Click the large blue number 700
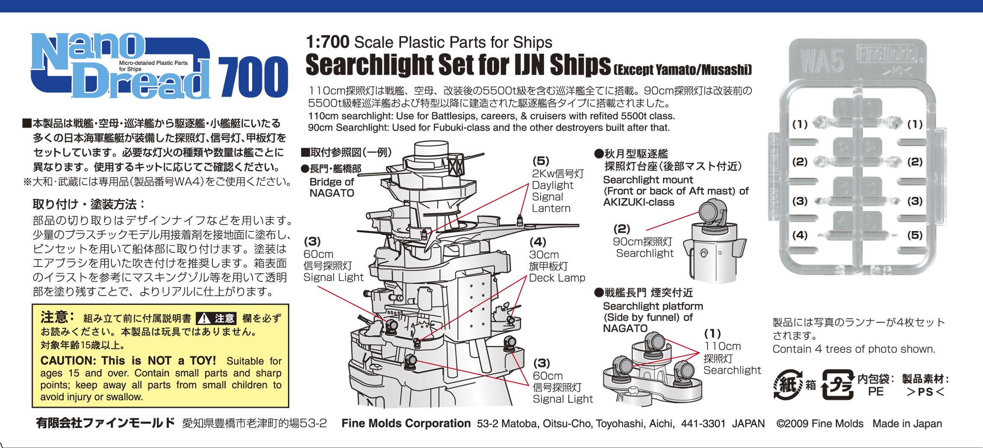(253, 77)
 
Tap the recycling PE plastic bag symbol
(838, 385)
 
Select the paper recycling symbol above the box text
(788, 385)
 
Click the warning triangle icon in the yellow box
(204, 319)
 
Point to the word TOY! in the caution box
(203, 360)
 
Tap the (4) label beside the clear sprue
(800, 235)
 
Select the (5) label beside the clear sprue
(915, 235)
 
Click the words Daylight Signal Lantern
(552, 196)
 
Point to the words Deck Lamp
(557, 278)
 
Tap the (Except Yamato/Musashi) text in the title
(683, 70)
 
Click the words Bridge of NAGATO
(332, 187)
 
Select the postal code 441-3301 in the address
(703, 424)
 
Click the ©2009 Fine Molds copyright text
(820, 424)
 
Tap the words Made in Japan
(907, 424)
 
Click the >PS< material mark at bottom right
(925, 392)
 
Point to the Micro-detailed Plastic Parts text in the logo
(153, 63)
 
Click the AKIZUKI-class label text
(639, 202)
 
